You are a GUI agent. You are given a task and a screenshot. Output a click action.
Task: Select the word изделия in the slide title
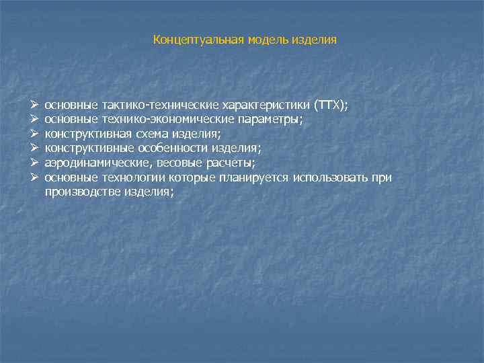tap(314, 40)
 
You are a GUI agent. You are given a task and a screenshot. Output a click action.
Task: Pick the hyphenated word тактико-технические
tap(157, 106)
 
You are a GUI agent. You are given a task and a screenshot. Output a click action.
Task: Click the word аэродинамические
tap(87, 163)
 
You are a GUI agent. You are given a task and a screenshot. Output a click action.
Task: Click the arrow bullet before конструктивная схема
tap(34, 134)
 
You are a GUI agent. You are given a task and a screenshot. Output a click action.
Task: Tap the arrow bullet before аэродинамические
tap(34, 163)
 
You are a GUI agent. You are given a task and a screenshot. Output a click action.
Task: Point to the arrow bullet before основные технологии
tap(34, 177)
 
